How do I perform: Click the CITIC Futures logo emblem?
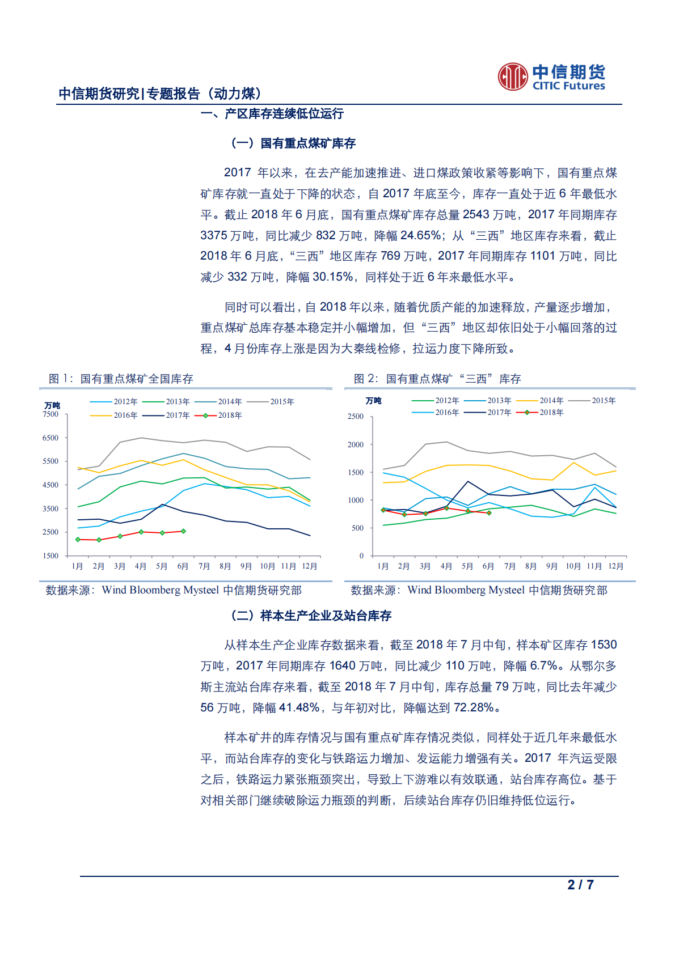coord(513,77)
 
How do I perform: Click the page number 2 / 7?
coord(580,885)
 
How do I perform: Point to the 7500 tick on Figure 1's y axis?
coord(50,414)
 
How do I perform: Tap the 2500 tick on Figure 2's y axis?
coord(356,417)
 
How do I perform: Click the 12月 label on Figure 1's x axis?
coord(310,566)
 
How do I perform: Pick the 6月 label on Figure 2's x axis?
coord(488,566)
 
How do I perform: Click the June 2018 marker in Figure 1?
coord(183,531)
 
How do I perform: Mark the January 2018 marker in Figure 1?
coord(78,539)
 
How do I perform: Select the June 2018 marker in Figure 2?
coord(489,512)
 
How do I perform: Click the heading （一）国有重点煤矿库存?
coord(293,143)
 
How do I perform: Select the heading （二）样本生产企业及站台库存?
coord(311,616)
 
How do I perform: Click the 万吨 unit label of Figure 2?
coord(373,401)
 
